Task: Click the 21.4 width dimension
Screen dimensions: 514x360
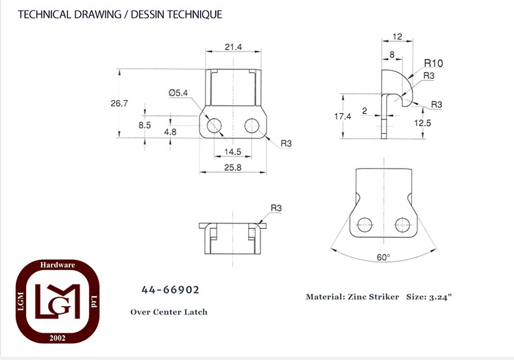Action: pos(233,47)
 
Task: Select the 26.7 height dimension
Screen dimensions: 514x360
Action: pos(119,104)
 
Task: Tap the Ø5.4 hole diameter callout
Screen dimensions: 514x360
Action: pos(178,93)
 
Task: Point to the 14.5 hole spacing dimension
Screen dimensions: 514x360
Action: pos(233,152)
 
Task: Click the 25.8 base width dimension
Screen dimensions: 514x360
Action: pos(233,167)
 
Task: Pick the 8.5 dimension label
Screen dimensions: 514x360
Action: pos(145,125)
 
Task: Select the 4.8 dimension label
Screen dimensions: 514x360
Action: pos(170,132)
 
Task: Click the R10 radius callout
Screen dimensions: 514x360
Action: pos(433,63)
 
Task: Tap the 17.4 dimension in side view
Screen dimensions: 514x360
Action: pos(343,117)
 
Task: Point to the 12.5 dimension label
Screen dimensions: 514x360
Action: pos(423,123)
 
